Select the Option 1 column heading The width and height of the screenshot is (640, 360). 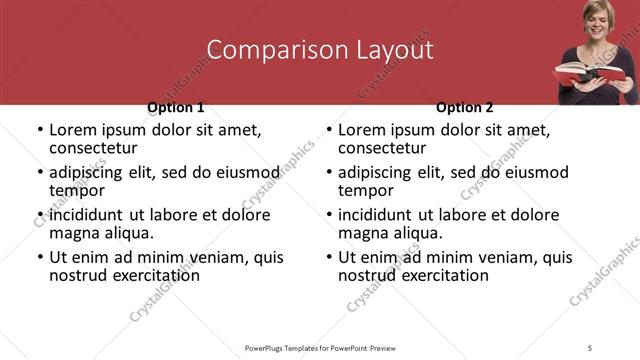[x=176, y=107]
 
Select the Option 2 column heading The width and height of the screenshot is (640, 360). [x=465, y=107]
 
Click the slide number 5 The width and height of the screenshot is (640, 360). [x=590, y=347]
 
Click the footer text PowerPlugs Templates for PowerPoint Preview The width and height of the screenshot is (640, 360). [x=321, y=347]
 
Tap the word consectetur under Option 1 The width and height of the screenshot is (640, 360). [x=92, y=149]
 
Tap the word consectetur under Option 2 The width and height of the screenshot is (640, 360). [x=381, y=149]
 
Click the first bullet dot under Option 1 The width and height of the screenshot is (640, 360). [x=38, y=130]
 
